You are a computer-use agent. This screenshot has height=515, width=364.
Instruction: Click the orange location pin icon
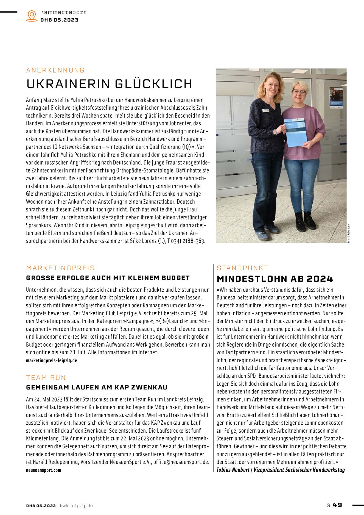click(32, 16)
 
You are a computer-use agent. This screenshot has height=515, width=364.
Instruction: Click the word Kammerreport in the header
click(63, 12)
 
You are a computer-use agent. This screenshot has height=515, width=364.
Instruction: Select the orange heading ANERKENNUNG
click(55, 70)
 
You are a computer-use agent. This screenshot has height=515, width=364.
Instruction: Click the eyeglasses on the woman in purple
click(299, 92)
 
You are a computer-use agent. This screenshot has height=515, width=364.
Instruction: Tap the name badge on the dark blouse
click(266, 110)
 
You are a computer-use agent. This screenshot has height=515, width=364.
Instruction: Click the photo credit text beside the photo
click(349, 232)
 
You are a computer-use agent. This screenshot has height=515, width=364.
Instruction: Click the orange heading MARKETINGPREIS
click(60, 268)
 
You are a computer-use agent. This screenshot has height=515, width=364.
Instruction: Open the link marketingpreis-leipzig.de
click(51, 360)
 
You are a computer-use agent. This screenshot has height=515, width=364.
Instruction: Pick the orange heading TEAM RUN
click(46, 378)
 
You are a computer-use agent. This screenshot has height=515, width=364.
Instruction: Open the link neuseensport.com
click(43, 470)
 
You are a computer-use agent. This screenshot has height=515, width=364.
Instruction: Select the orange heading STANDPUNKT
click(243, 268)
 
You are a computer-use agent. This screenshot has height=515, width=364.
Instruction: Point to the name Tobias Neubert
click(233, 470)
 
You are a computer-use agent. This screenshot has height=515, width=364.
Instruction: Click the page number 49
click(337, 505)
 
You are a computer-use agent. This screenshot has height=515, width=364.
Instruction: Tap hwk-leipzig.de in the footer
click(76, 506)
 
